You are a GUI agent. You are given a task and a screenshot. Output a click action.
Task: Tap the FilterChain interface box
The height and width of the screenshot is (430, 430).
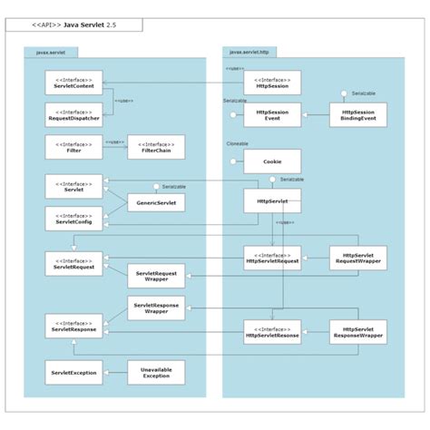pos(156,145)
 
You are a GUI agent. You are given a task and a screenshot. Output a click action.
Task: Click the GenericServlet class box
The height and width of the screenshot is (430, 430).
pos(156,203)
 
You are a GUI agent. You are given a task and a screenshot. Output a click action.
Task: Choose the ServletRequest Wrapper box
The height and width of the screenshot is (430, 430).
pos(156,275)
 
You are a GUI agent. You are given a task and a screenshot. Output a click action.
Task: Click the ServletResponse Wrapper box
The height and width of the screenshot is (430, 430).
pos(156,308)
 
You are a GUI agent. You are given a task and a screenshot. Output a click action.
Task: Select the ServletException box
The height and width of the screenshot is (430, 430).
pos(73,372)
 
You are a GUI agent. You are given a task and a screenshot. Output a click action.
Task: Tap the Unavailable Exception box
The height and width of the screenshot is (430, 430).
pos(156,372)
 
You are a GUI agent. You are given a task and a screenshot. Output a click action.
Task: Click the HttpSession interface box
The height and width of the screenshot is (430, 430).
pos(272,83)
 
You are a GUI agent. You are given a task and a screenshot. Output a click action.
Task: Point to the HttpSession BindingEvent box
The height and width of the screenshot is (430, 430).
pos(358,115)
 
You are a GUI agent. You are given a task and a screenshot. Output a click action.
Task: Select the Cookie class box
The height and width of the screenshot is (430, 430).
pos(272,161)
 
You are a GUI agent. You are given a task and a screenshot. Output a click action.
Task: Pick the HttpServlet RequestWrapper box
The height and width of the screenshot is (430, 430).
pos(358,258)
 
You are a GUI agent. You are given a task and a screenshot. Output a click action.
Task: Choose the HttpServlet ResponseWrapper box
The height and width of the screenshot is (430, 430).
pos(358,331)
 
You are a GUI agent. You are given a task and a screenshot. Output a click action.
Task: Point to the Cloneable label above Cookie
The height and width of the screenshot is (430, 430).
pos(238,144)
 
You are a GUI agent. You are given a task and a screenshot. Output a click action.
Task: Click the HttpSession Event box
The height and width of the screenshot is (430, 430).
pos(272,115)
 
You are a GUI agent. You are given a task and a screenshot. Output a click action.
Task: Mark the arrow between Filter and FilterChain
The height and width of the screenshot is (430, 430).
pos(114,142)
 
